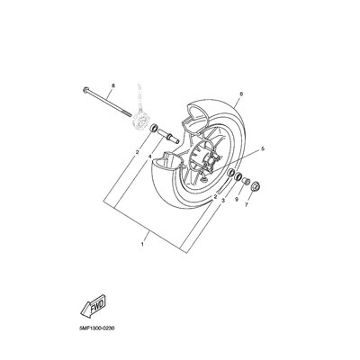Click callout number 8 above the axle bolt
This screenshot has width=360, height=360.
pyautogui.click(x=113, y=85)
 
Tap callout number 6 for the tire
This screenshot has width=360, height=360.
pyautogui.click(x=241, y=94)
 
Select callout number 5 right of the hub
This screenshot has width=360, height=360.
pyautogui.click(x=263, y=148)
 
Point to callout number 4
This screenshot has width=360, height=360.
pyautogui.click(x=149, y=157)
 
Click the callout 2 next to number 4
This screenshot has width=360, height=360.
pyautogui.click(x=137, y=152)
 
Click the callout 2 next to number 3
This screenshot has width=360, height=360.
pyautogui.click(x=215, y=197)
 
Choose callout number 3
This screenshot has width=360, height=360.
pyautogui.click(x=223, y=200)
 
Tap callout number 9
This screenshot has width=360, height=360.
pyautogui.click(x=237, y=199)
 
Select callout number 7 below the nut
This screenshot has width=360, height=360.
pyautogui.click(x=247, y=205)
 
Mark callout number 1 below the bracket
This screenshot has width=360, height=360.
pyautogui.click(x=142, y=244)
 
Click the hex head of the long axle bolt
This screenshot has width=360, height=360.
pyautogui.click(x=85, y=90)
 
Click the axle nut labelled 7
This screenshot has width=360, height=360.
pyautogui.click(x=256, y=187)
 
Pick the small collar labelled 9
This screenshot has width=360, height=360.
pyautogui.click(x=246, y=181)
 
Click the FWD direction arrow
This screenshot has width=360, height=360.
pyautogui.click(x=94, y=306)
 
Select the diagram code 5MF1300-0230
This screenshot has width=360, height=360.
pyautogui.click(x=94, y=328)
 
